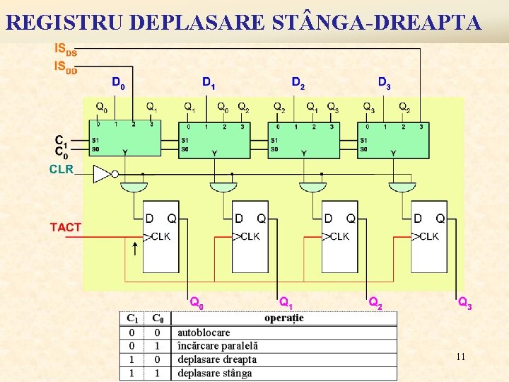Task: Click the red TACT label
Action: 65,228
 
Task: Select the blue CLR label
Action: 61,170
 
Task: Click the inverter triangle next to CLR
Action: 103,173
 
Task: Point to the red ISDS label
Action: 66,50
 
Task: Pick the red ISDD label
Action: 66,66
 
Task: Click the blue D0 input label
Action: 118,83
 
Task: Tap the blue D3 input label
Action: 384,83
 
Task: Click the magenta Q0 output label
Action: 197,302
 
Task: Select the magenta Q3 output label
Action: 465,303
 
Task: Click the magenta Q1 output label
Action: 286,302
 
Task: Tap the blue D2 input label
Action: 298,83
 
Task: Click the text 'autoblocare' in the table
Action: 204,332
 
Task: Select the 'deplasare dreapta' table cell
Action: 217,359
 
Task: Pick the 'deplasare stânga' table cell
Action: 214,373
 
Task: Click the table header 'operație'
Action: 284,318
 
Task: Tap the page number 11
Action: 460,357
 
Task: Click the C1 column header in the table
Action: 132,318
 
